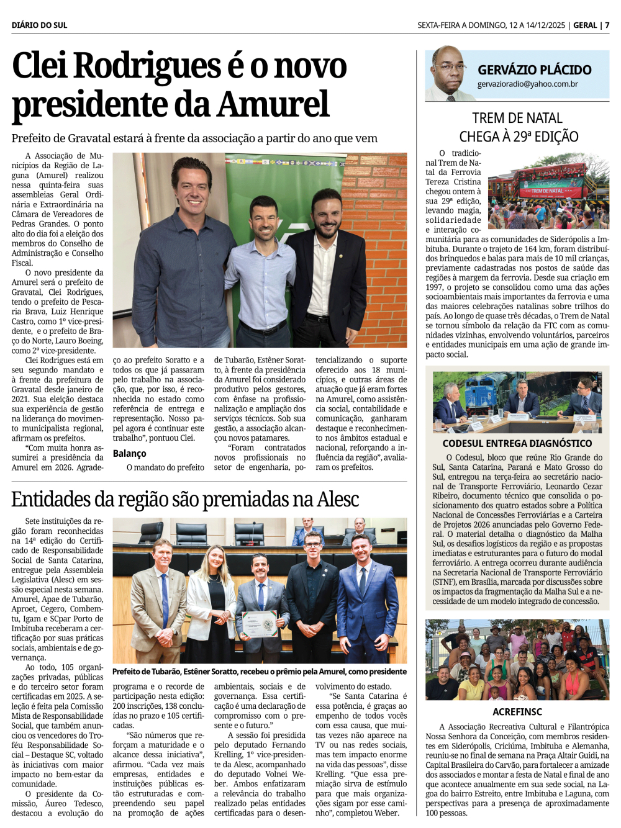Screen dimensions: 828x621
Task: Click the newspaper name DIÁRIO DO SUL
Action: tap(39, 25)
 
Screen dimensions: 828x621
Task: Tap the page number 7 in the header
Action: tap(607, 25)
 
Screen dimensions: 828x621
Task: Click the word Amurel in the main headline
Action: tap(273, 104)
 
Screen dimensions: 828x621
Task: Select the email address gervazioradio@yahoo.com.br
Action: tap(527, 84)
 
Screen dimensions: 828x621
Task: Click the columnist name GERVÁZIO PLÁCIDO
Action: tap(534, 70)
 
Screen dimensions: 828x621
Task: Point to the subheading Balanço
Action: tap(129, 454)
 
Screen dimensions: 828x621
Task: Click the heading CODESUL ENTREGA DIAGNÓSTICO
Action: tap(517, 443)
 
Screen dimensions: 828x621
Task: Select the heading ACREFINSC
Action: tap(517, 712)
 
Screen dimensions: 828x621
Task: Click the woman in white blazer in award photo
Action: tap(211, 596)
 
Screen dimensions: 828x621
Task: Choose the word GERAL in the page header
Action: tap(584, 25)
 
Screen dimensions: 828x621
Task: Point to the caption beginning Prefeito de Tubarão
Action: tap(259, 672)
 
